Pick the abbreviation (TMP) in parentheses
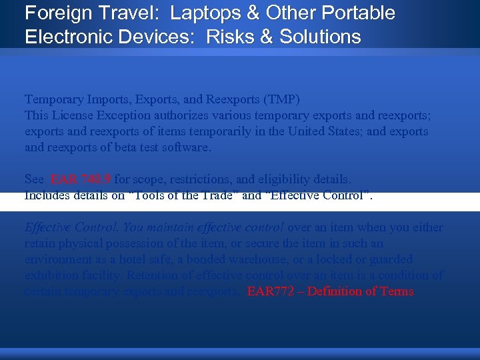[281, 99]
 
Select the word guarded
[389, 259]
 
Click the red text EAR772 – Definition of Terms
[330, 291]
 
